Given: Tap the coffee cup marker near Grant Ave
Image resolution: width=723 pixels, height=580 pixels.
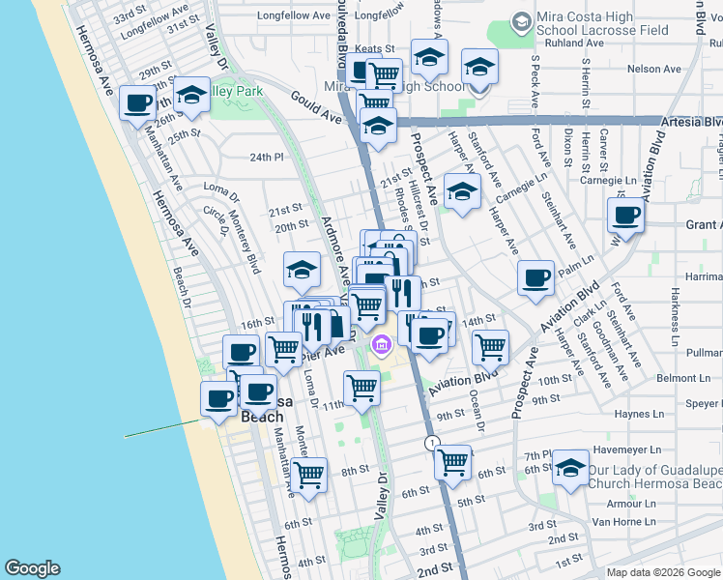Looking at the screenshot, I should tap(625, 217).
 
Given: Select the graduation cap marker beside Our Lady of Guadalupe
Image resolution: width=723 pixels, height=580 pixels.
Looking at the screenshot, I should tap(571, 470).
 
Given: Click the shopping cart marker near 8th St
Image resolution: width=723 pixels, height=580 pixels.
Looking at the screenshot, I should tap(309, 474).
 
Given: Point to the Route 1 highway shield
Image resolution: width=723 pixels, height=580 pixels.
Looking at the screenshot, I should tap(432, 442).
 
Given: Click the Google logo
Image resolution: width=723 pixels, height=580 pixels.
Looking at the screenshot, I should tap(31, 568).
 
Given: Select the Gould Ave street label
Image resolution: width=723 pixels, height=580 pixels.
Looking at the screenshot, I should tap(316, 105).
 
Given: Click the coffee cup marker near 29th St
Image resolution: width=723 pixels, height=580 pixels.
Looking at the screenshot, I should tap(138, 103).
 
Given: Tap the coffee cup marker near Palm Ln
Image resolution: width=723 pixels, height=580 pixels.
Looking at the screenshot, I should tap(535, 279).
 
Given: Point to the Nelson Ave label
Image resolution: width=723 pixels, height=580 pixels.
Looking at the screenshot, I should tap(653, 69).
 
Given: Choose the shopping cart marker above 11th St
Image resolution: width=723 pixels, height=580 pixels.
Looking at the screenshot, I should tap(361, 387).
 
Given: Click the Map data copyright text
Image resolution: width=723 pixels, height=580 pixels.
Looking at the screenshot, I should tap(662, 572).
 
